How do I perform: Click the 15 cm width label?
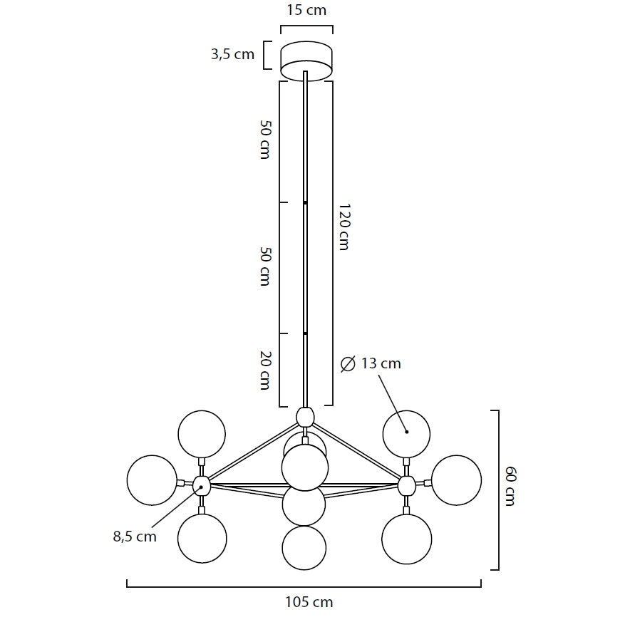coord(306,11)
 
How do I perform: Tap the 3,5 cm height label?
coord(232,55)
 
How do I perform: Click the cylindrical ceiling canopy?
coord(306,61)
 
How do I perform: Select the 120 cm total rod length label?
coord(344,227)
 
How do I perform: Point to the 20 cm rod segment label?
coord(265,370)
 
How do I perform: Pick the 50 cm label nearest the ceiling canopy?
coord(265,139)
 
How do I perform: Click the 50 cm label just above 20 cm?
coord(265,266)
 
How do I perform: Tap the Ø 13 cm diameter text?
coord(371,363)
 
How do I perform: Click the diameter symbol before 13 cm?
coord(348,364)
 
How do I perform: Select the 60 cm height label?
coord(510,486)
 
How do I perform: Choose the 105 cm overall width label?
coord(309,602)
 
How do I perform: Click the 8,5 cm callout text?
coord(135,537)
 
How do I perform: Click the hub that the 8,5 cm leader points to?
coord(202,487)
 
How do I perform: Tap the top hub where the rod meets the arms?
coord(305,415)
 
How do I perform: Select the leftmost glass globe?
coord(152,480)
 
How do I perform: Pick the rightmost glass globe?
coord(456,480)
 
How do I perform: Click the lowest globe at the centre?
coord(304,548)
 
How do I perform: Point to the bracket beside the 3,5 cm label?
coord(267,55)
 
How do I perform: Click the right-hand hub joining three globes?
coord(406,486)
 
